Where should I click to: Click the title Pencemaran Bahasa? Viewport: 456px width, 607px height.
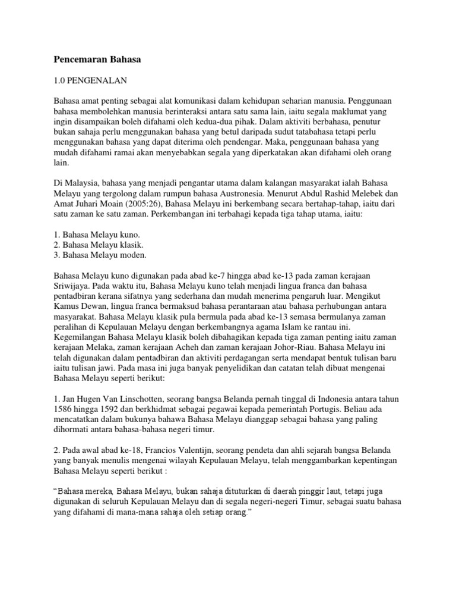(97, 59)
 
